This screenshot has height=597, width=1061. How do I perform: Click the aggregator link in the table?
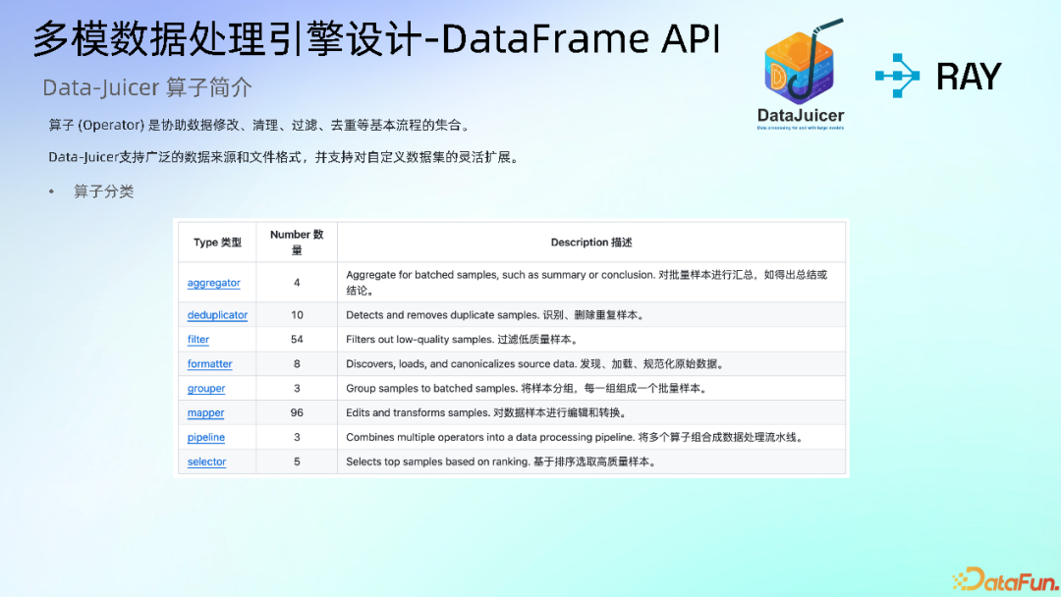[213, 283]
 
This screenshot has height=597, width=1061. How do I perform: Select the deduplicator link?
[217, 315]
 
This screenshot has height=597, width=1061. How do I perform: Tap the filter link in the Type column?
[198, 340]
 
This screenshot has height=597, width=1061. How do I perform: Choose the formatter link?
[210, 364]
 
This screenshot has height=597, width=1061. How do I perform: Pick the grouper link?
[206, 389]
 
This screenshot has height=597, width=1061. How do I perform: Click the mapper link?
[205, 413]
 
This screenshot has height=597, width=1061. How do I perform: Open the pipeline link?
[206, 438]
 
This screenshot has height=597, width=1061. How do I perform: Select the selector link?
[206, 462]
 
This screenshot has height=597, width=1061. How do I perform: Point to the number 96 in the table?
[297, 413]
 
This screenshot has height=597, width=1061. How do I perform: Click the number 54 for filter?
[297, 340]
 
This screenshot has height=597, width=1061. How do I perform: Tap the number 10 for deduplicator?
[297, 315]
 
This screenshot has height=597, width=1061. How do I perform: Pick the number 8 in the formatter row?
[297, 364]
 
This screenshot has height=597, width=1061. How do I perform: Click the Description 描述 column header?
[591, 243]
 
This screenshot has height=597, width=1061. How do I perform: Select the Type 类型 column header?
[217, 243]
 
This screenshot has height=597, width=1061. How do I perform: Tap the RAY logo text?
[968, 77]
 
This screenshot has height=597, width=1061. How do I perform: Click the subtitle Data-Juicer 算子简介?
[147, 88]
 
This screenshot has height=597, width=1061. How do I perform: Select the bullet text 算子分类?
[103, 191]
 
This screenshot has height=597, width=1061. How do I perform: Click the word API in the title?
[691, 39]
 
